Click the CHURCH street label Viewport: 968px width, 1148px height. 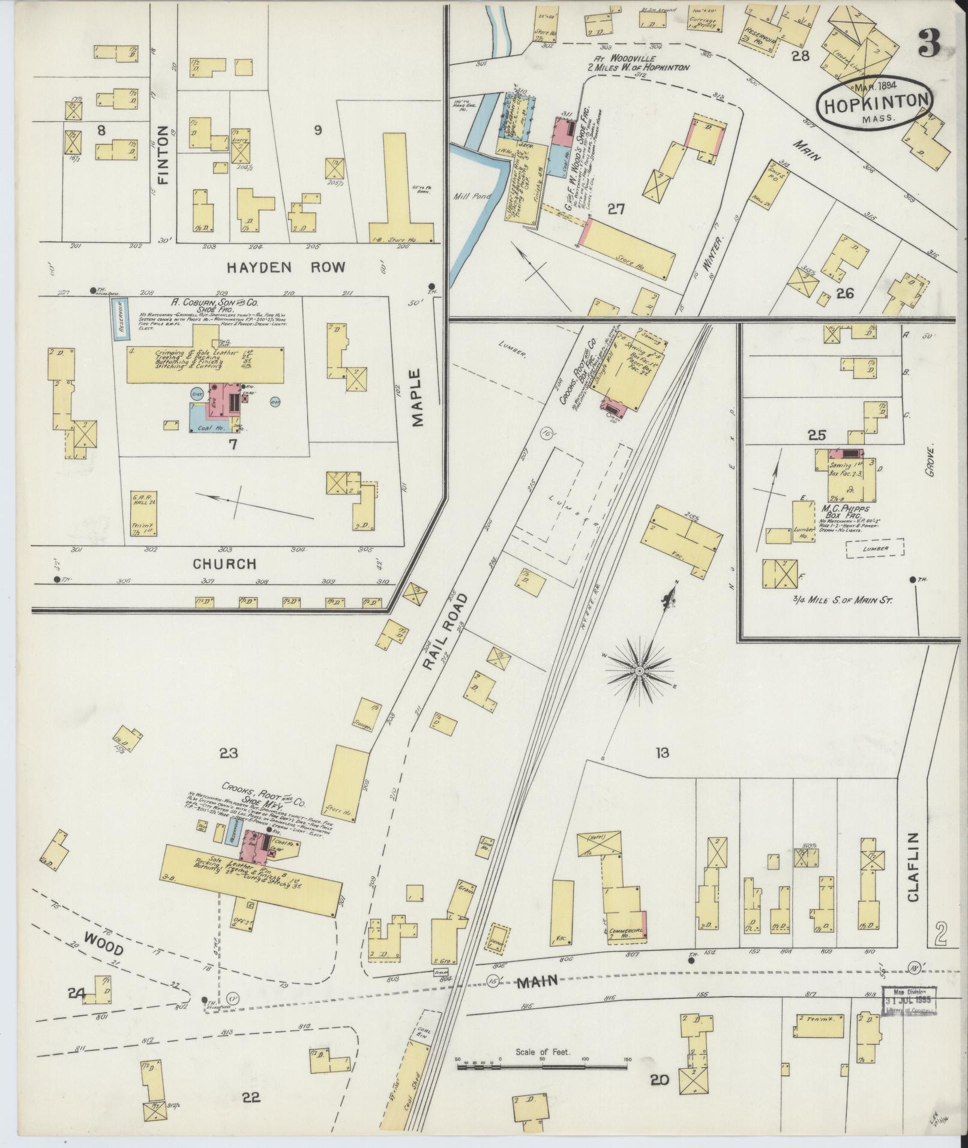point(225,564)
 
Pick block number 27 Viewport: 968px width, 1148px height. point(615,209)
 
